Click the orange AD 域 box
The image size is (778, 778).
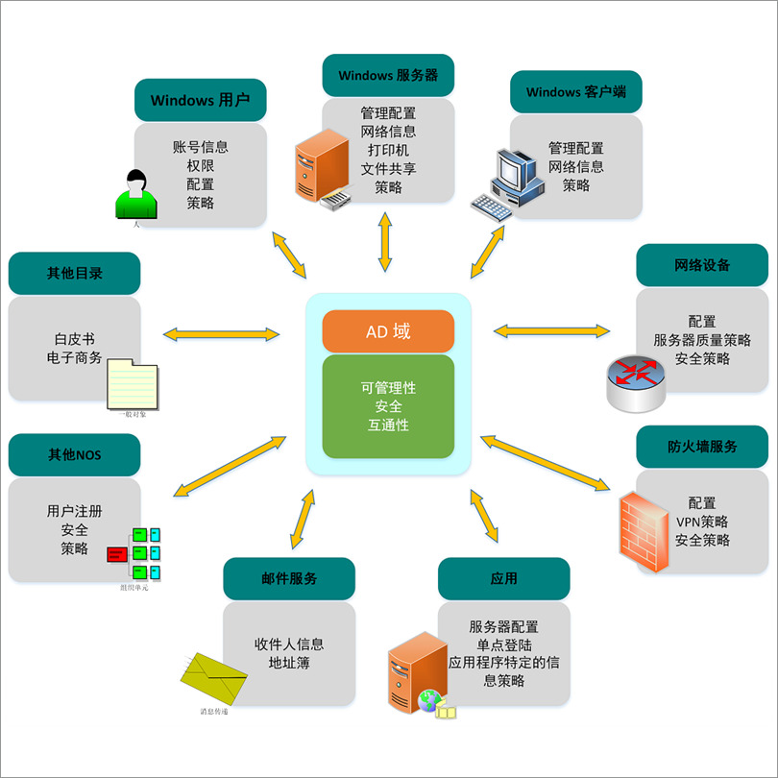pos(388,332)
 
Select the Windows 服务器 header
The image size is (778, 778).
pos(388,75)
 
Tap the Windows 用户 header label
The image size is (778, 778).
pos(200,101)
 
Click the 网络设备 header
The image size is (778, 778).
pos(702,265)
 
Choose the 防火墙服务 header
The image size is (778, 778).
pos(702,447)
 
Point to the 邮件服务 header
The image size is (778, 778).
pos(289,578)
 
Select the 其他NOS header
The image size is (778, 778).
pos(74,454)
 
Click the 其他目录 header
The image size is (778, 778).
pos(74,273)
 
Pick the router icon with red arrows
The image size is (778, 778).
pos(635,380)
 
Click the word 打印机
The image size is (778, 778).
pos(388,151)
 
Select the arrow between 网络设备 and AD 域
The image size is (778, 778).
pos(551,330)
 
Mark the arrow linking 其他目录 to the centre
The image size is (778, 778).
pos(221,334)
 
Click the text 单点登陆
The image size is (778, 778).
pos(504,644)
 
